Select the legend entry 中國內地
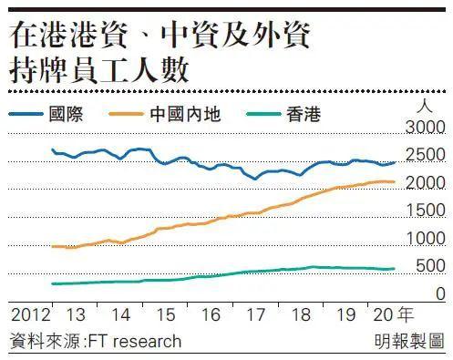[x=195, y=115]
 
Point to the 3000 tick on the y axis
[x=426, y=127]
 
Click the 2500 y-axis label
[x=426, y=155]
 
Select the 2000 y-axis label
[x=426, y=183]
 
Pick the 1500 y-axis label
[x=426, y=211]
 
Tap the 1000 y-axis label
[x=426, y=239]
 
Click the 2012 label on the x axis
[x=29, y=314]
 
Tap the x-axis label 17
[x=256, y=314]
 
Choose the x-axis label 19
[x=346, y=314]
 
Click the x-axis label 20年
[x=395, y=314]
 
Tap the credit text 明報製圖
[x=409, y=341]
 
